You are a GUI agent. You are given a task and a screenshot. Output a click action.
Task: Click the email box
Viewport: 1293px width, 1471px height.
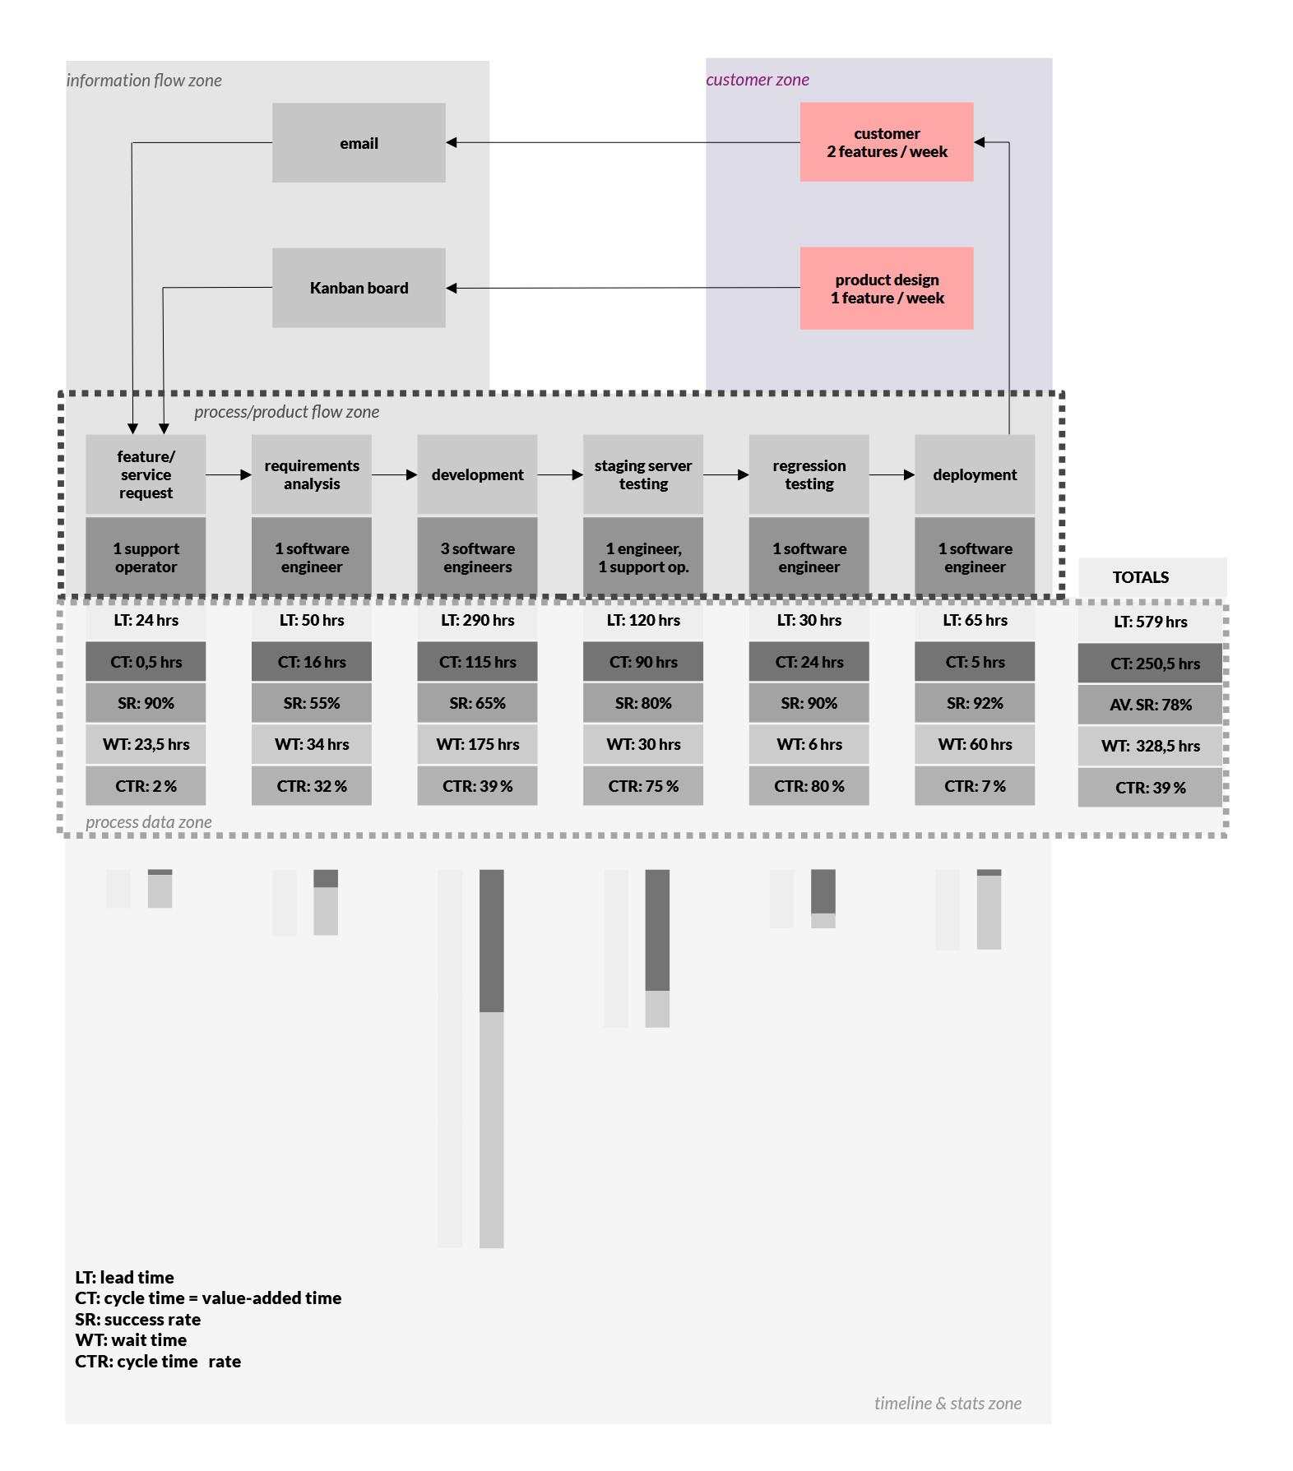[x=359, y=142]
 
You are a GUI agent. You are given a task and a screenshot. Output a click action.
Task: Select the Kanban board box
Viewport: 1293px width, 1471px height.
[x=359, y=288]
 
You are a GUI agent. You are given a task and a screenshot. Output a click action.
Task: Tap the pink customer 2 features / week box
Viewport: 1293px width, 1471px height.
[x=886, y=142]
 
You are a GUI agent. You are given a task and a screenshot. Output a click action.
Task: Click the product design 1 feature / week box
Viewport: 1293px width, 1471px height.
[x=886, y=289]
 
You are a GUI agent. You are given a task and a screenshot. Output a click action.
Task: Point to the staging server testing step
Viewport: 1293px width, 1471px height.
[x=642, y=474]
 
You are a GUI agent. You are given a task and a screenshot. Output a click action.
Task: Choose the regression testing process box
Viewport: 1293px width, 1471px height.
[x=809, y=474]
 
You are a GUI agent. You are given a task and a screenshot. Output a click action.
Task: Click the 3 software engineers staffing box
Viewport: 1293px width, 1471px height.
[x=477, y=557]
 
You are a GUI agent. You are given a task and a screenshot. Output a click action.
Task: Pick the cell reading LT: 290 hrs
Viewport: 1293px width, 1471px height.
[x=477, y=620]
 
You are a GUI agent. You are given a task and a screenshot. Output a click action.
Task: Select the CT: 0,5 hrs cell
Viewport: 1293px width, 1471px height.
[x=146, y=662]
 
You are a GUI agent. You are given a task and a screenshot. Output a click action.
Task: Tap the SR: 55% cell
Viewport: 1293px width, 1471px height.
[x=311, y=703]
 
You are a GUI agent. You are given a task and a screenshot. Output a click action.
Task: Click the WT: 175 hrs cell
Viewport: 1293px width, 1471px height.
[x=477, y=744]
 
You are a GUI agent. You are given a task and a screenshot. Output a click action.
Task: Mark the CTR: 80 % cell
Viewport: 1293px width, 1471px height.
[x=809, y=786]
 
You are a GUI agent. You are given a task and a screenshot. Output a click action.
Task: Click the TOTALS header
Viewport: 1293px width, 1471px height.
[x=1140, y=577]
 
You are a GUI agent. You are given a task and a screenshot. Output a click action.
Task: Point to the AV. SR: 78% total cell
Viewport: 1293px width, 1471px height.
[x=1150, y=705]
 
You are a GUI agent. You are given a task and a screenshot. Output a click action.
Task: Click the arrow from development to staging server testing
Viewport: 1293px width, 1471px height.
[x=560, y=474]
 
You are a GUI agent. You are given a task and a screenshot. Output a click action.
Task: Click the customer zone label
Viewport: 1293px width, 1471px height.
[x=757, y=80]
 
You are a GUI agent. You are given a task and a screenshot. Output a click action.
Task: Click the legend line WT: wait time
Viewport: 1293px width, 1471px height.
[x=131, y=1339]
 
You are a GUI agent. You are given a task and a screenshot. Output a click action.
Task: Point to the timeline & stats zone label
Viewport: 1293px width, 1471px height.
[x=947, y=1403]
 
